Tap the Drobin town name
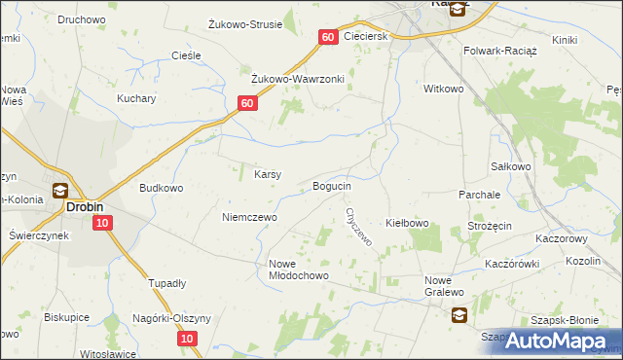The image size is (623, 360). (x=85, y=207)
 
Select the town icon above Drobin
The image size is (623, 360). (x=59, y=191)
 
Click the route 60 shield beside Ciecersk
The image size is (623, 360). (x=327, y=37)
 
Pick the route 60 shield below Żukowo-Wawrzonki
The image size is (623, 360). (x=247, y=103)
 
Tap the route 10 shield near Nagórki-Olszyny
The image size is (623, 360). (x=188, y=338)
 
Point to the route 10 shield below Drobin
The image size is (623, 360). (x=103, y=224)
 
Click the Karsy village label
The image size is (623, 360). (x=268, y=175)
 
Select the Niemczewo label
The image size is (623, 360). (x=249, y=217)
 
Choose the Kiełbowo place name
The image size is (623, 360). (x=408, y=224)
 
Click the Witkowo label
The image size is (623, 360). (x=443, y=89)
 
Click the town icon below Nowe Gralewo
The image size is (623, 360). (x=458, y=314)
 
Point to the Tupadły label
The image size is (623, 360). (x=166, y=283)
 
